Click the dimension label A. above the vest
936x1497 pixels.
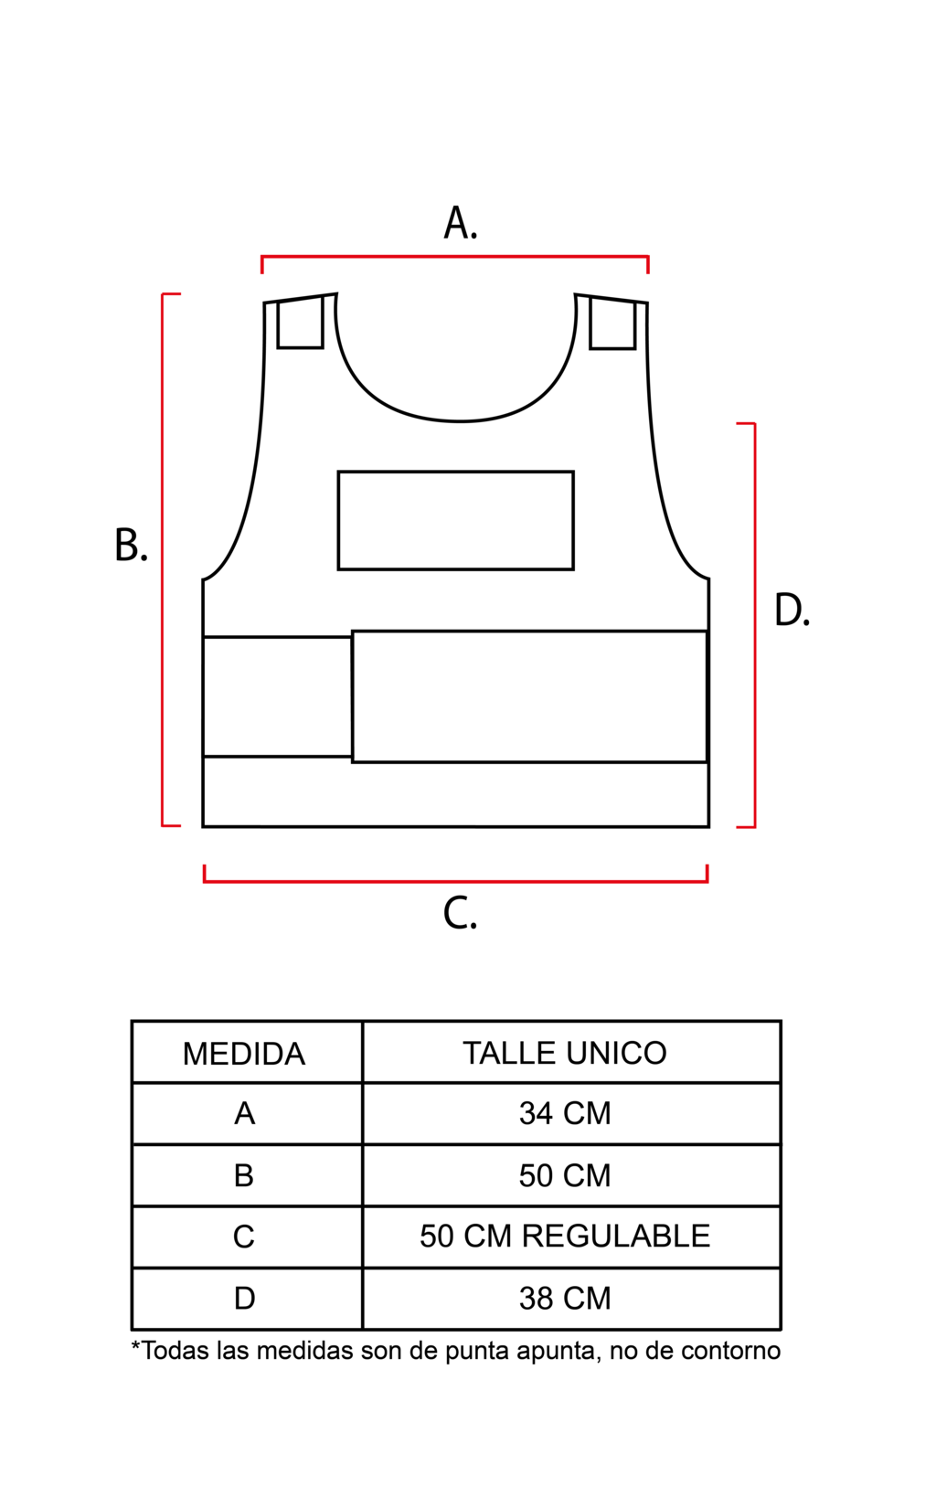(461, 223)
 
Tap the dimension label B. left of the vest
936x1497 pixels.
(131, 545)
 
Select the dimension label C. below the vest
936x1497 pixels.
(460, 914)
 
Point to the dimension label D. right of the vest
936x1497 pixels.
(792, 610)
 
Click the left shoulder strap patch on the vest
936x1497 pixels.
(300, 323)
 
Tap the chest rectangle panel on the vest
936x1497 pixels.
(456, 521)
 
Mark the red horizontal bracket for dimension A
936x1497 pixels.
(454, 256)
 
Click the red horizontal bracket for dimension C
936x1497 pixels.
(455, 882)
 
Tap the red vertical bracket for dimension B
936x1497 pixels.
(163, 560)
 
